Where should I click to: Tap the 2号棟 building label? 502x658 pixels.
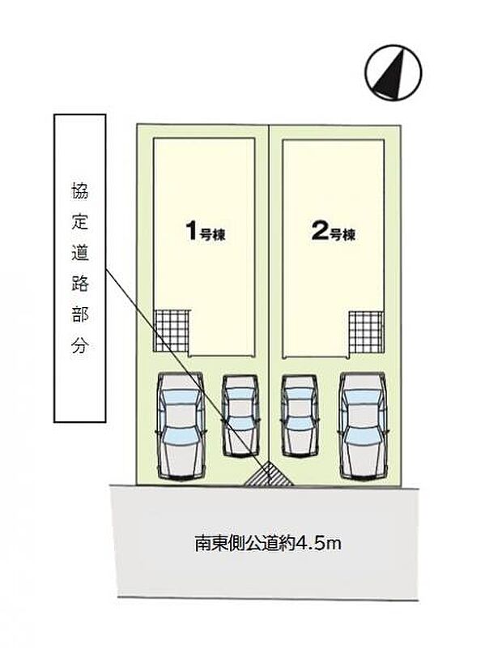click(x=333, y=233)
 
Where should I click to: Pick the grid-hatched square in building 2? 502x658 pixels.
click(x=365, y=332)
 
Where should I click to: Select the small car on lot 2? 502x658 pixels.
click(x=300, y=414)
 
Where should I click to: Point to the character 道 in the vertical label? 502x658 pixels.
click(x=79, y=254)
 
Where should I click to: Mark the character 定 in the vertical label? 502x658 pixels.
click(x=79, y=224)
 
